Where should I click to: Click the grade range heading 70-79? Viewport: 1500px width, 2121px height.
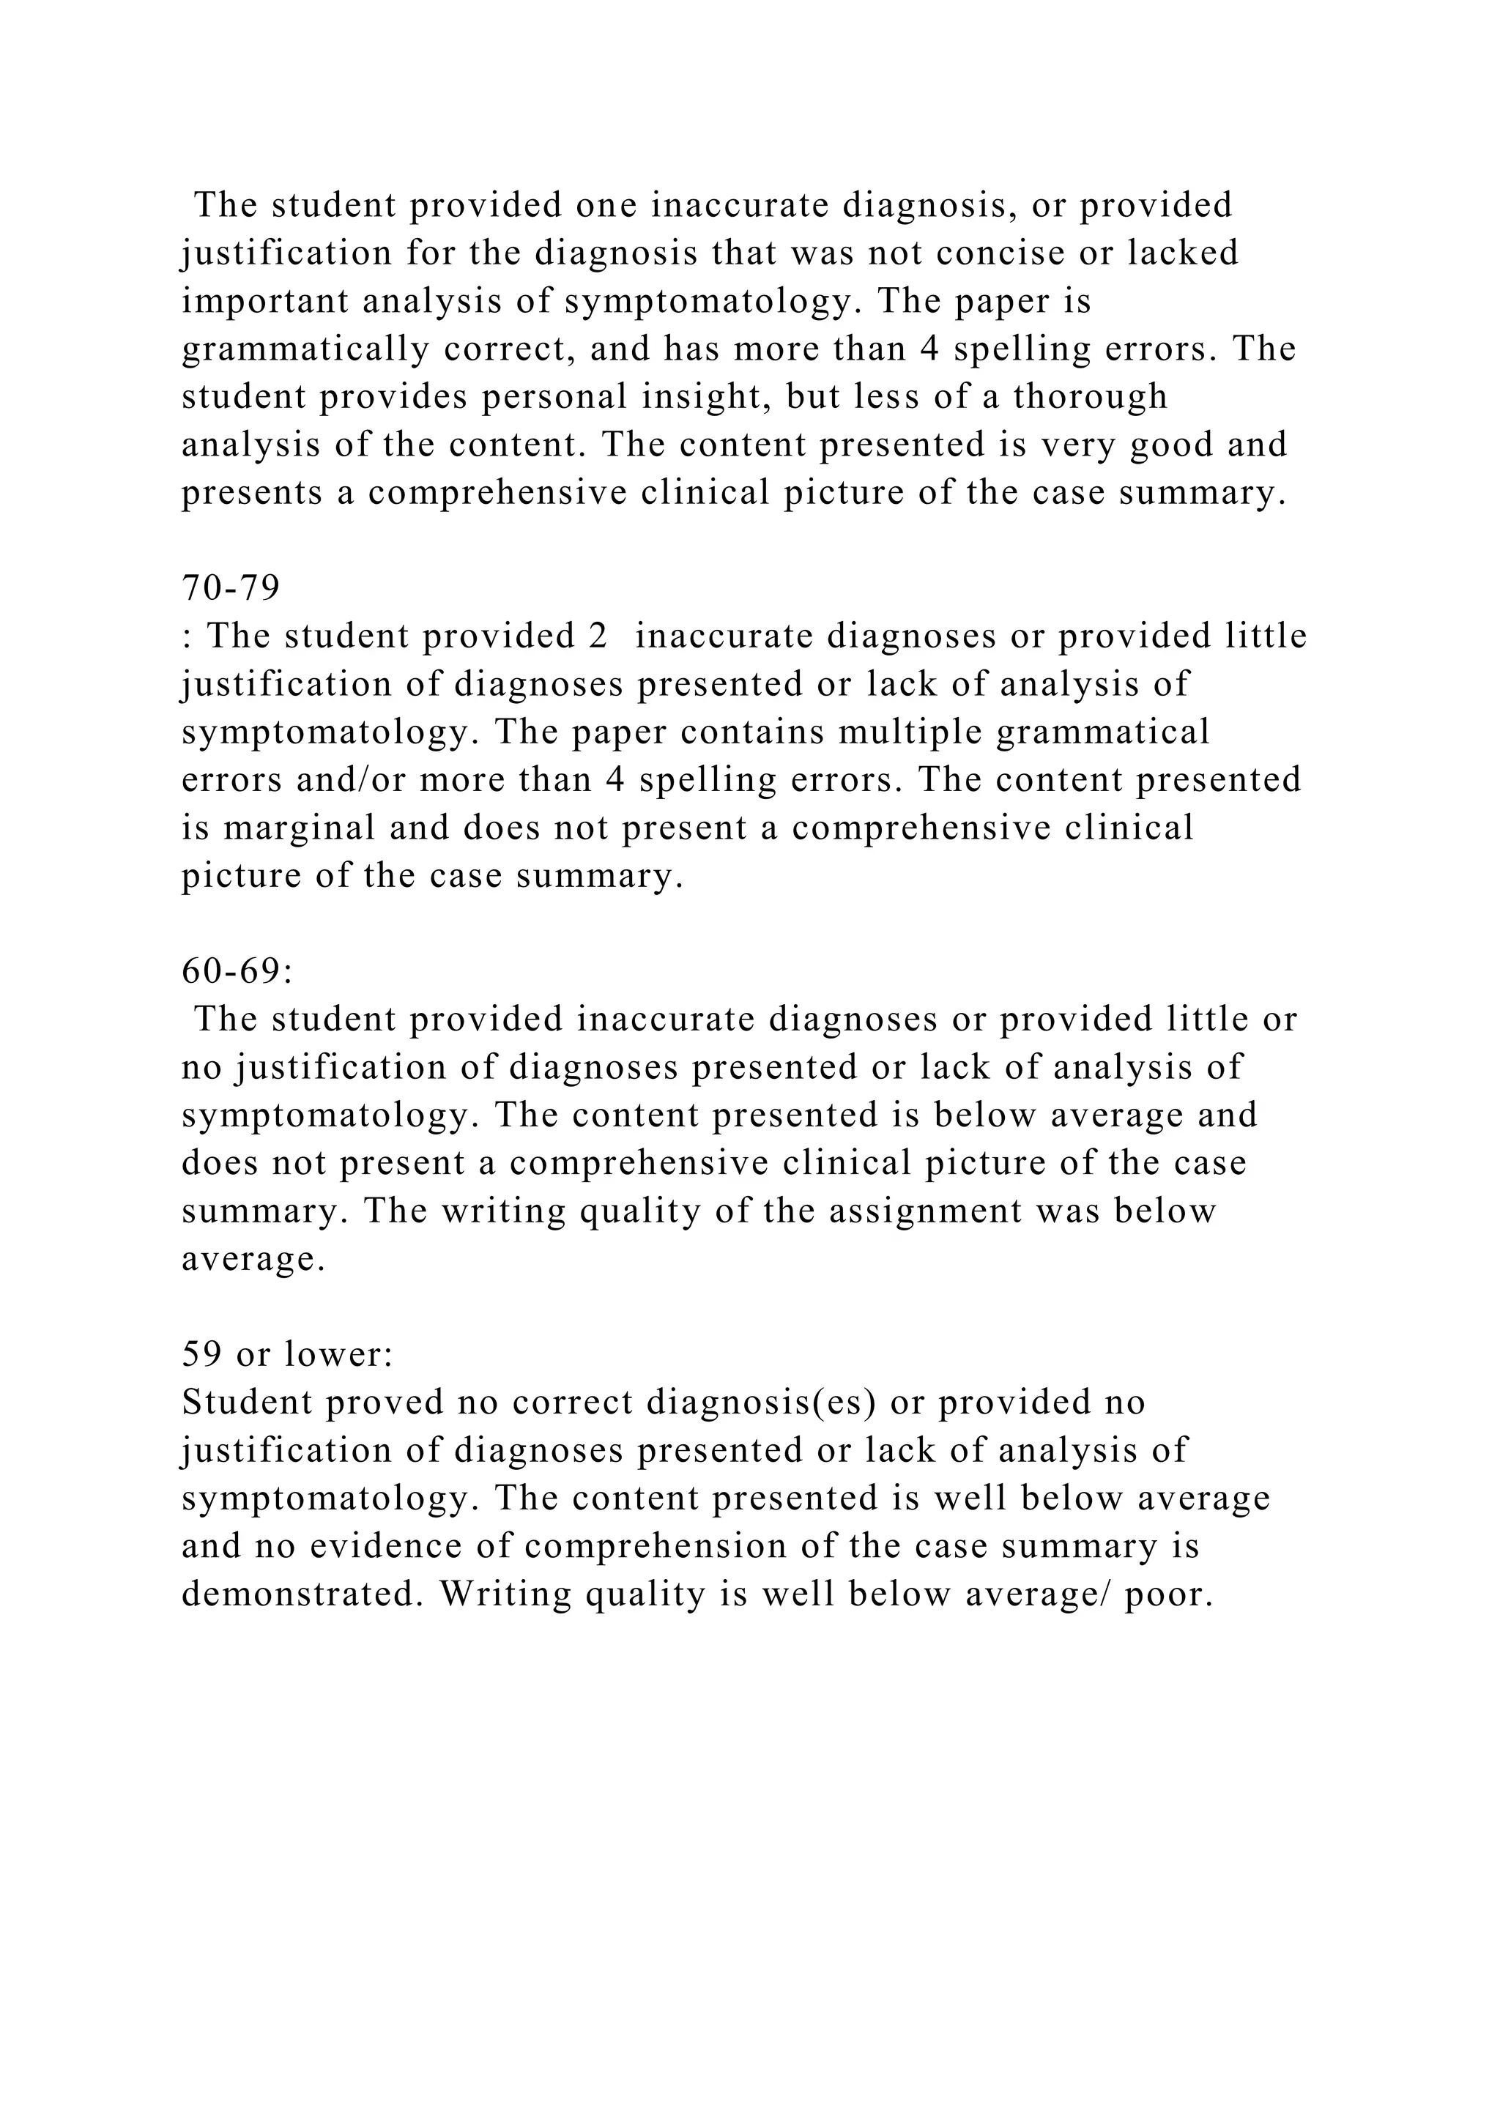click(231, 587)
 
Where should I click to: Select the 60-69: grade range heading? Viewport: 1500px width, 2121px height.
click(237, 971)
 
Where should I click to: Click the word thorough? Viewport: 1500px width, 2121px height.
click(1090, 396)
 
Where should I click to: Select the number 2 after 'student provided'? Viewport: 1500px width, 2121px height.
click(597, 636)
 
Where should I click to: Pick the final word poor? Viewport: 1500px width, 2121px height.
click(1168, 1594)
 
